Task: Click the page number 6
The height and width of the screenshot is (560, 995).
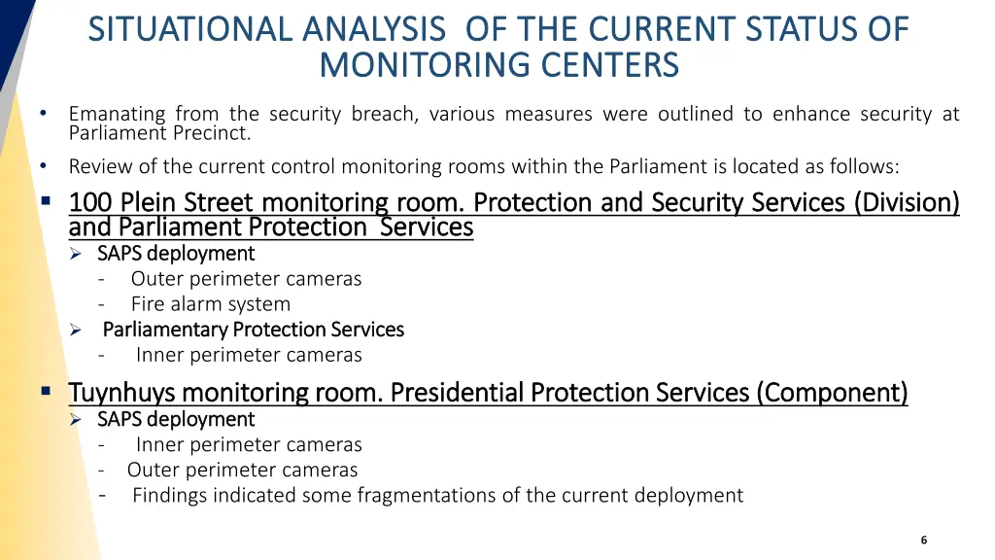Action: [924, 540]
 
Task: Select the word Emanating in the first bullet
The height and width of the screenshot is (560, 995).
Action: [117, 114]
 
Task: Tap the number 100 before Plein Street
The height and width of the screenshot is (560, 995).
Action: [90, 202]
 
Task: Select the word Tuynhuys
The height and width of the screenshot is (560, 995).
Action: [121, 393]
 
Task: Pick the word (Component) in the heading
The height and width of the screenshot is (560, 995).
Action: [832, 393]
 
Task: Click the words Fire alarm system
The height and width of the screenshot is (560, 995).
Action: [211, 304]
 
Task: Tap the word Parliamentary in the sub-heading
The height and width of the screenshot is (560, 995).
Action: [165, 330]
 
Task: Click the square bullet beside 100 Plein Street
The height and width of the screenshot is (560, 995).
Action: [46, 201]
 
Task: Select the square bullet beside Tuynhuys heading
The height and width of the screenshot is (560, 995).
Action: [46, 391]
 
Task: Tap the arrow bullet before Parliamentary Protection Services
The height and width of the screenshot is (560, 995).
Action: [76, 331]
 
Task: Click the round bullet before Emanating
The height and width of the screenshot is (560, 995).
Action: [43, 113]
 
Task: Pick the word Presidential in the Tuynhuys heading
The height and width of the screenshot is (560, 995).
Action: [457, 393]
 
